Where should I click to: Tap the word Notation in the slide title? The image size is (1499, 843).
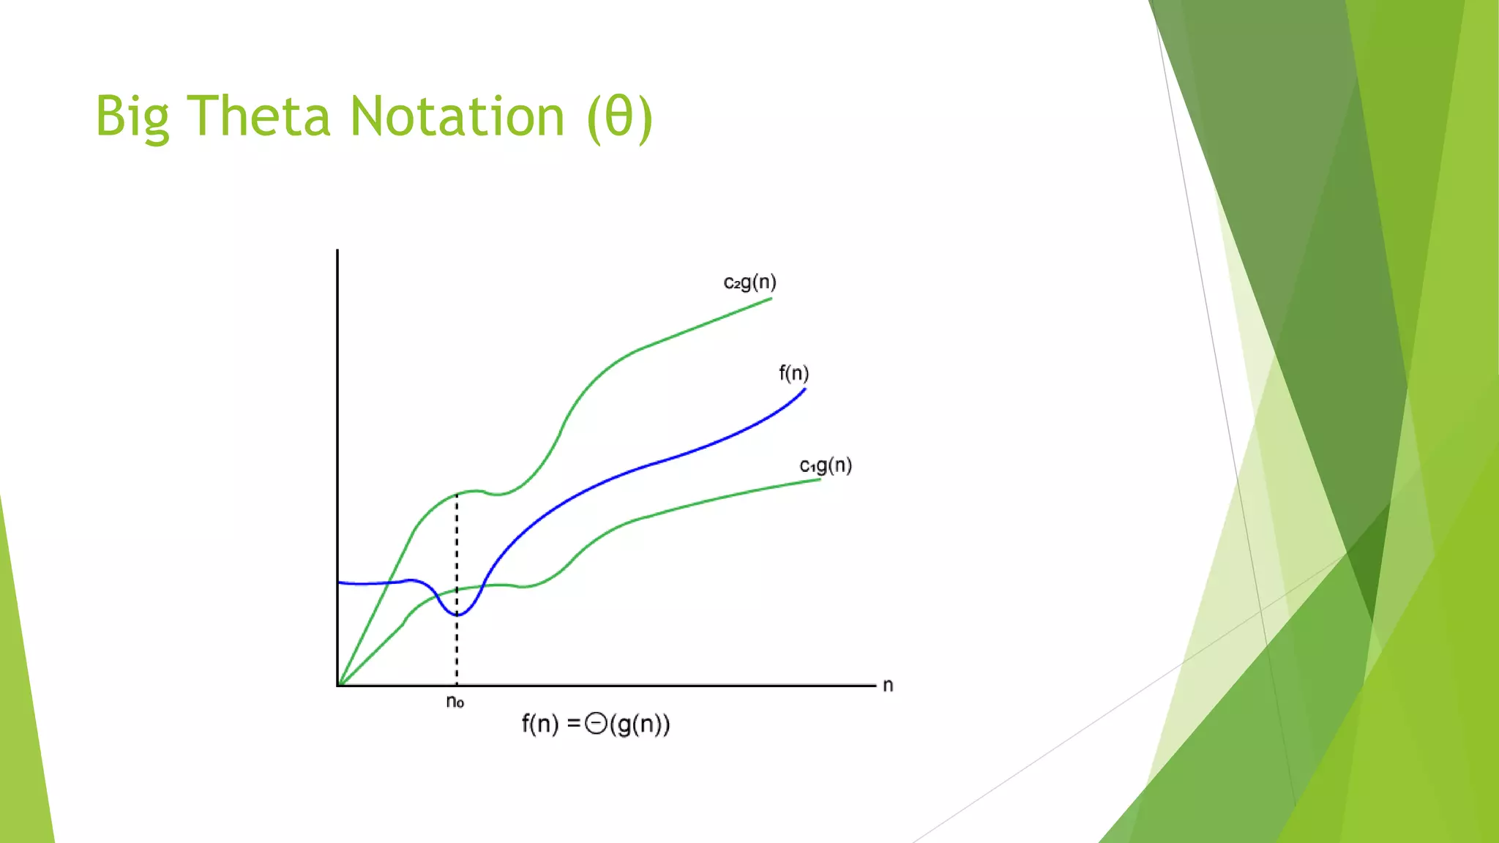pyautogui.click(x=457, y=117)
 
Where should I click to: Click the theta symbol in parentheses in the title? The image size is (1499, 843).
pyautogui.click(x=619, y=117)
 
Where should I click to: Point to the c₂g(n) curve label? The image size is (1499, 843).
pyautogui.click(x=749, y=282)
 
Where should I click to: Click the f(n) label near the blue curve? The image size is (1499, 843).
pyautogui.click(x=793, y=373)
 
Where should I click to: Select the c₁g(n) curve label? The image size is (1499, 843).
pyautogui.click(x=826, y=465)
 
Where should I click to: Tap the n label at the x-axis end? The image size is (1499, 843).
pyautogui.click(x=888, y=686)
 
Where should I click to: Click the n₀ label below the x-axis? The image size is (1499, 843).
pyautogui.click(x=455, y=702)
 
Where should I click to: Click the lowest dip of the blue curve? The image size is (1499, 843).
pyautogui.click(x=457, y=615)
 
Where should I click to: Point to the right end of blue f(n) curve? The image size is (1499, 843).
pyautogui.click(x=804, y=390)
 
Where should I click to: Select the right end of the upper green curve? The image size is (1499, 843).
pyautogui.click(x=771, y=299)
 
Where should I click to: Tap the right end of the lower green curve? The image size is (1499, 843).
pyautogui.click(x=819, y=480)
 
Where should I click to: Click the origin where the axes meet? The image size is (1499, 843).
pyautogui.click(x=337, y=686)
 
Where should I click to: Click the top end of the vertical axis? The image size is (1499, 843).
pyautogui.click(x=337, y=251)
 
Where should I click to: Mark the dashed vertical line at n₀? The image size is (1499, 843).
pyautogui.click(x=457, y=556)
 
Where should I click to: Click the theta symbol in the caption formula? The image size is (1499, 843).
pyautogui.click(x=596, y=724)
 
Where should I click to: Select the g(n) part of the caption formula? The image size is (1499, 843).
pyautogui.click(x=640, y=724)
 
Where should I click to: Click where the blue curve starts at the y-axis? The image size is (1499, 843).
pyautogui.click(x=340, y=582)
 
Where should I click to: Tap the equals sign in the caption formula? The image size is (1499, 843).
pyautogui.click(x=574, y=724)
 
